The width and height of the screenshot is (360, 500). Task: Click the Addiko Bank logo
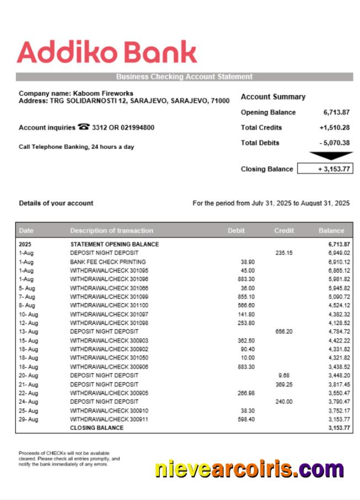pyautogui.click(x=107, y=53)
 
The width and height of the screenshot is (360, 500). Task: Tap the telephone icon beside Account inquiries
pyautogui.click(x=83, y=127)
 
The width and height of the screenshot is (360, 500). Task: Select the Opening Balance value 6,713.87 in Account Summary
pyautogui.click(x=336, y=113)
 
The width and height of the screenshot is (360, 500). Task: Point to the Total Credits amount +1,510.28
pyautogui.click(x=334, y=127)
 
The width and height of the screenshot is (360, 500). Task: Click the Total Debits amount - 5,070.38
pyautogui.click(x=334, y=143)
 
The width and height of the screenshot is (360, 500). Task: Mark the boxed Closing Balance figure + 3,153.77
pyautogui.click(x=325, y=169)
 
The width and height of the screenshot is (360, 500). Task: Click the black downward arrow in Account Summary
pyautogui.click(x=331, y=156)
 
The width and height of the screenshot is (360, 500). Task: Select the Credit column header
pyautogui.click(x=284, y=231)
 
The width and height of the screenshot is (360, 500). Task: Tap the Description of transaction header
pyautogui.click(x=112, y=231)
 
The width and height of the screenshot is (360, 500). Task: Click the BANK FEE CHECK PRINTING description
pyautogui.click(x=108, y=262)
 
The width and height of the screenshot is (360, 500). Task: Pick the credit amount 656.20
pyautogui.click(x=284, y=332)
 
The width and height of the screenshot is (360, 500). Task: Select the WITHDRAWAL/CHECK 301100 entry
pyautogui.click(x=109, y=305)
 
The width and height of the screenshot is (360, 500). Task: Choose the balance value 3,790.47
pyautogui.click(x=338, y=402)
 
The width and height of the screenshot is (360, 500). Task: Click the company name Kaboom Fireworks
pyautogui.click(x=102, y=93)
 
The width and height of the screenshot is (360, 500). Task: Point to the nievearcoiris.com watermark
pyautogui.click(x=249, y=469)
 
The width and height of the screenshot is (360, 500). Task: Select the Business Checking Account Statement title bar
pyautogui.click(x=184, y=77)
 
